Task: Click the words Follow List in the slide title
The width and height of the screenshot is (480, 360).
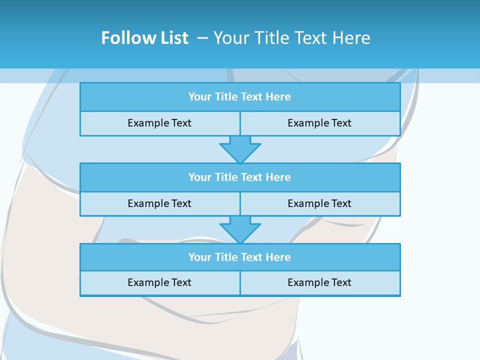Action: coord(144,38)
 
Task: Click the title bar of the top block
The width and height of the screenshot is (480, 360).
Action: coord(239,97)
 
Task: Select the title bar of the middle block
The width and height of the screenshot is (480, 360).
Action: coord(239,177)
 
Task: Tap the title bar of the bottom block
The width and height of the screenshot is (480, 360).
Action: coord(239,257)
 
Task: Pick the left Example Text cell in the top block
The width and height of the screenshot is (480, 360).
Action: coord(159,123)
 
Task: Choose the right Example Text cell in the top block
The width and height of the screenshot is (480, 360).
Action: coord(319,123)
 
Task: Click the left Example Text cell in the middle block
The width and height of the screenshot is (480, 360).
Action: coord(159,203)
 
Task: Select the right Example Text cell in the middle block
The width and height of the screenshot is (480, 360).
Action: coord(319,203)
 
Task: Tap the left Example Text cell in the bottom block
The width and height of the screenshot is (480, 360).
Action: coord(159,282)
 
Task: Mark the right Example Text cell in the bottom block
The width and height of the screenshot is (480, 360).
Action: coord(319,282)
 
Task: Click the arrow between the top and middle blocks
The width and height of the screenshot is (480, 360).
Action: coord(240,149)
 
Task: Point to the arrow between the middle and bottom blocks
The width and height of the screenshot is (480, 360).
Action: coord(240,229)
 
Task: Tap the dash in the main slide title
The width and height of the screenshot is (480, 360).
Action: coord(202,38)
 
